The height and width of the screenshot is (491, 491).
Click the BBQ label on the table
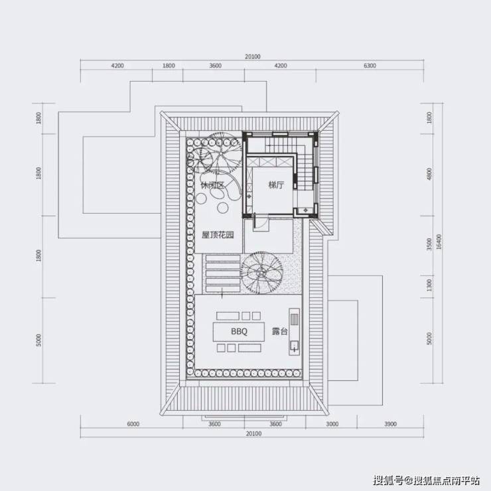point(240,332)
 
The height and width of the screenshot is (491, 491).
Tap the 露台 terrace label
point(279,332)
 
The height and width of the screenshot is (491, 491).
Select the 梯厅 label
point(276,185)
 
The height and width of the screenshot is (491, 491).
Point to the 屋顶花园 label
point(218,235)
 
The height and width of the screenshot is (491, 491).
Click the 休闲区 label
point(212,185)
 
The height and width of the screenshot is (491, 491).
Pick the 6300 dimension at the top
point(370,66)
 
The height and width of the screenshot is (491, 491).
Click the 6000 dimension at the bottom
point(133,424)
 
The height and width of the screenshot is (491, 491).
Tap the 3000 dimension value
point(332,424)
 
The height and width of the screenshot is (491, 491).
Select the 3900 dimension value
point(390,424)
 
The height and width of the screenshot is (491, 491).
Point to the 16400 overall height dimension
point(439,242)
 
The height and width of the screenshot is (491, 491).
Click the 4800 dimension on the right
point(429,174)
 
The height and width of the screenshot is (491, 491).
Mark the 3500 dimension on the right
point(429,244)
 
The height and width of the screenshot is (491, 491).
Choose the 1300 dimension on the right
point(429,285)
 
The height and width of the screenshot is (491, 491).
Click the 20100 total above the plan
point(253,56)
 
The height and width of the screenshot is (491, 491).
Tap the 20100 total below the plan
point(253,434)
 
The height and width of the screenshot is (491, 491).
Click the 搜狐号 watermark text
point(388,480)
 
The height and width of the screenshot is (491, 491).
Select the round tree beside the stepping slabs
point(261,273)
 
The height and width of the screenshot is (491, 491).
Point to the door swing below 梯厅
point(261,222)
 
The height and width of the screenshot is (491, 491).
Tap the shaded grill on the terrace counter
point(295,319)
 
